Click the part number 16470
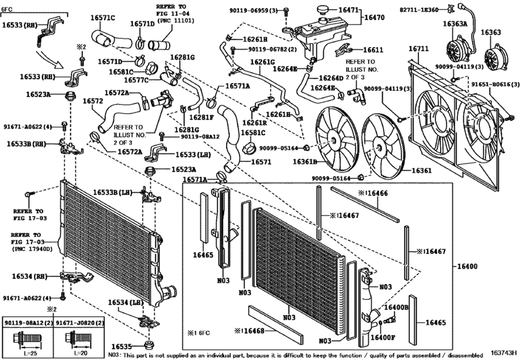click(x=376, y=19)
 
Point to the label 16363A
click(x=455, y=23)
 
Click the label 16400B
click(x=396, y=308)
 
